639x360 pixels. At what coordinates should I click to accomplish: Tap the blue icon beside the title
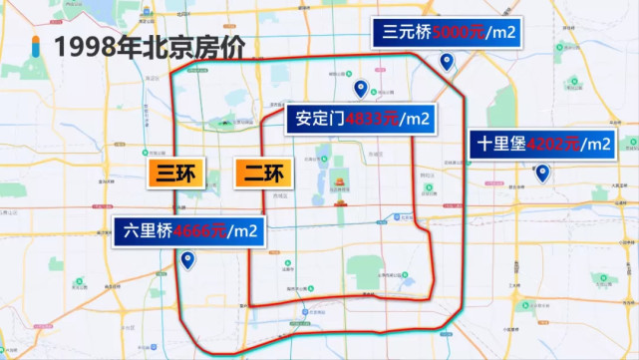point(36,46)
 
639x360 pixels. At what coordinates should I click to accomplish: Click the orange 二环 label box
point(260,174)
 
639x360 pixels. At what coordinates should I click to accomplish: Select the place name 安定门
point(318,119)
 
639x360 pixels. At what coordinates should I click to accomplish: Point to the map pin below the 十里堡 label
point(542,174)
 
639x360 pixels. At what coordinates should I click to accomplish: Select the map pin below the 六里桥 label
point(188,261)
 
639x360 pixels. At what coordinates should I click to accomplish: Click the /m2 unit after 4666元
point(244,231)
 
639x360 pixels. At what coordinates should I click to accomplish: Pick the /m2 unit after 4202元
point(596,144)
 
